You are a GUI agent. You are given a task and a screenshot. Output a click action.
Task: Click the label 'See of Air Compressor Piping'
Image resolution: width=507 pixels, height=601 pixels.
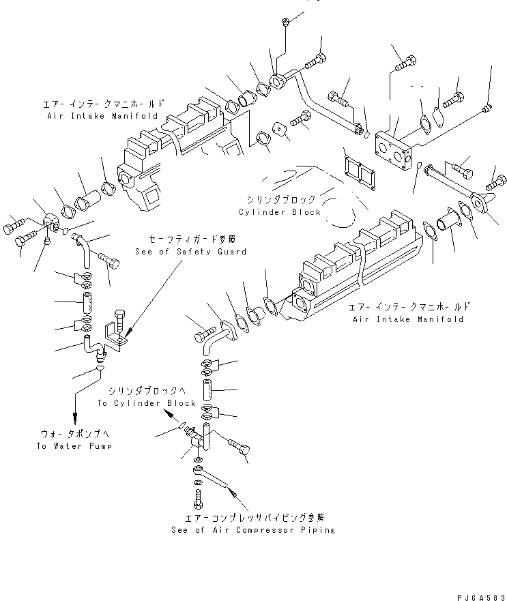coord(253,529)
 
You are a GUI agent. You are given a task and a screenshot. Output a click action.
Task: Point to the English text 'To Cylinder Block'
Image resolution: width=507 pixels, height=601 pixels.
coord(147,403)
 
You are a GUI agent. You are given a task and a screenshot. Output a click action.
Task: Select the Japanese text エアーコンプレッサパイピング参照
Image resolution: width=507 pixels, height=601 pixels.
coord(252,517)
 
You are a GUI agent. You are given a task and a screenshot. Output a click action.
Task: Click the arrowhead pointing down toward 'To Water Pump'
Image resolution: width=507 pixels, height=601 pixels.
coord(74,417)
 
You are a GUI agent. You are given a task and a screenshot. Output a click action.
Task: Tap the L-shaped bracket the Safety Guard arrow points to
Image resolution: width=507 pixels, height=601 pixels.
coord(115,337)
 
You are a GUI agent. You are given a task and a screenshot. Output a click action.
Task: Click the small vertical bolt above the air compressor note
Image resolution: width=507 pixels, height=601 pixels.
coord(198,498)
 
